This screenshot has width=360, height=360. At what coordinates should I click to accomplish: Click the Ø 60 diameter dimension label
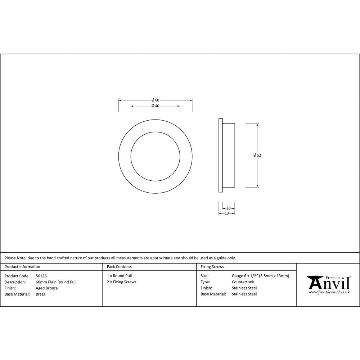[x=155, y=100]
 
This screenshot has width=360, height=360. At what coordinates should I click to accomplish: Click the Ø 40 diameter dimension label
[x=155, y=106]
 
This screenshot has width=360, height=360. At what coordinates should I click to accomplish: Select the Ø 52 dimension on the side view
[x=257, y=155]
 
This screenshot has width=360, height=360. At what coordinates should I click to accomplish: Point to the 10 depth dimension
[x=229, y=208]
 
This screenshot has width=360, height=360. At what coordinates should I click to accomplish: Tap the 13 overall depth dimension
[x=227, y=213]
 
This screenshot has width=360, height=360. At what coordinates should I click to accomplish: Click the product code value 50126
[x=41, y=276]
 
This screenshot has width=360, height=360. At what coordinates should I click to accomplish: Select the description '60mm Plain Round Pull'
[x=56, y=282]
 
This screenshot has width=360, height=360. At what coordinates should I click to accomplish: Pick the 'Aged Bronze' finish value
[x=47, y=288]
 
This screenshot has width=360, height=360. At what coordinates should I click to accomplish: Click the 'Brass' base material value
[x=40, y=294]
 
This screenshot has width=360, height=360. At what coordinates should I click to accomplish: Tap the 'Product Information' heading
[x=22, y=267]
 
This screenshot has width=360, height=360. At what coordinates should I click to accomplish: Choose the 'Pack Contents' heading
[x=119, y=267]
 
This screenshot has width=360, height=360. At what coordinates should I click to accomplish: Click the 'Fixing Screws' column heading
[x=212, y=267]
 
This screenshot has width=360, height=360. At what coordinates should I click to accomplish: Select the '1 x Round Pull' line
[x=119, y=276]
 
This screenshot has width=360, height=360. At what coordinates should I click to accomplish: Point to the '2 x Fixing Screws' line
[x=122, y=282]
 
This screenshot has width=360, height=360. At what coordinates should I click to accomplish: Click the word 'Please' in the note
[x=10, y=258]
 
